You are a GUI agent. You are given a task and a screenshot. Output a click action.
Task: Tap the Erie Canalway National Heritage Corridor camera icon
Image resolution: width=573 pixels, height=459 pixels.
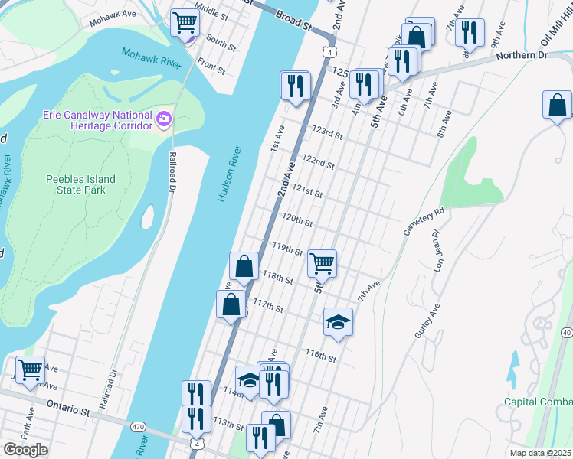point(163,119)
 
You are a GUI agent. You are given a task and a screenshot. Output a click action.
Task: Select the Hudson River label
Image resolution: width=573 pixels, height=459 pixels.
point(229,174)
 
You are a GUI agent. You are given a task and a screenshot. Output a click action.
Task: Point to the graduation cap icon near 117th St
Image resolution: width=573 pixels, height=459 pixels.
point(337,321)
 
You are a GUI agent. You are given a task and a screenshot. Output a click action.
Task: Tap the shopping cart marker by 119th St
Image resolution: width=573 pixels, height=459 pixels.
point(322,263)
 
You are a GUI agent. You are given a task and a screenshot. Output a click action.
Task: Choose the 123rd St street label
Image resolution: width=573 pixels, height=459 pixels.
point(327,134)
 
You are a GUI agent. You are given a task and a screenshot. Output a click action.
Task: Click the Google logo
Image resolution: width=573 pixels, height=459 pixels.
point(25,450)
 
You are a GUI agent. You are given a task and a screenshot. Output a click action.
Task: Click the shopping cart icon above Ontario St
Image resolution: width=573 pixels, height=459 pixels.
point(30,369)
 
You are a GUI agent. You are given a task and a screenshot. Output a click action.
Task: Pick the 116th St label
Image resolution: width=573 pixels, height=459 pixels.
point(321,355)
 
